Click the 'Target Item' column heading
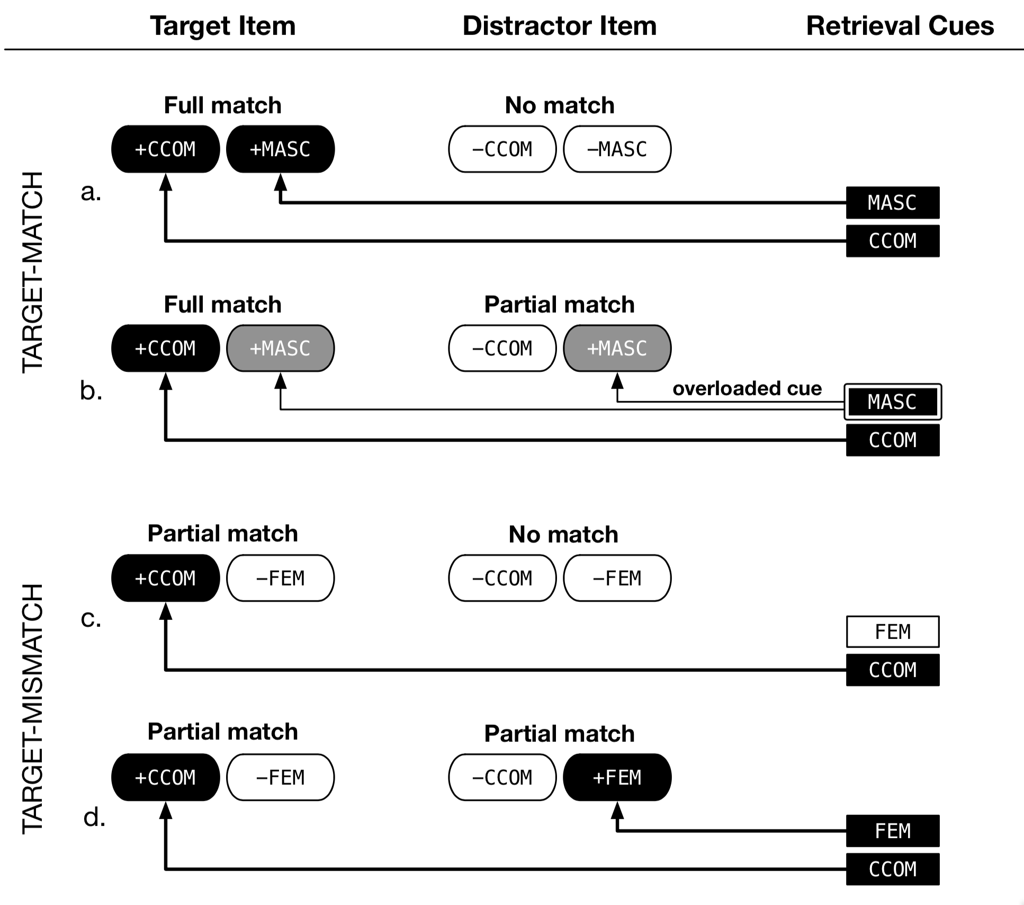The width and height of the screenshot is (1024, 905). coord(222,25)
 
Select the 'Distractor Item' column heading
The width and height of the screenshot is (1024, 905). coord(559,25)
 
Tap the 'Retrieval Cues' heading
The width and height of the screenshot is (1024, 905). coord(900,25)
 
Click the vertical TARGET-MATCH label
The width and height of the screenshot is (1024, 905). coord(33,272)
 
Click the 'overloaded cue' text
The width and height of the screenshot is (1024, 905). coord(747,388)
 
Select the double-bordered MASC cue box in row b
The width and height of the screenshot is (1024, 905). coord(892,402)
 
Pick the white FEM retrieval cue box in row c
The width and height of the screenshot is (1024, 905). coord(892,632)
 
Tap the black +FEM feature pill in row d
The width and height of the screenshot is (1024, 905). coord(617,777)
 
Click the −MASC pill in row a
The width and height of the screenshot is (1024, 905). coord(617,149)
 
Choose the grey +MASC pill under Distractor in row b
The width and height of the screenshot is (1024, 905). coord(617,349)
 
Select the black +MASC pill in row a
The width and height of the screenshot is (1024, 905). coord(280,149)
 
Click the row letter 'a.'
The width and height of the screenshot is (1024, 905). coord(91,192)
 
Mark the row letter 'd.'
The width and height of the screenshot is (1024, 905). coord(94,818)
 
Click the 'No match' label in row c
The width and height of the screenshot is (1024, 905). coord(563,534)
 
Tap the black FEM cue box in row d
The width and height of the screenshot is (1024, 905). coord(892,831)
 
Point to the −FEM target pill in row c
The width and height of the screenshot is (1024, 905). coord(280,578)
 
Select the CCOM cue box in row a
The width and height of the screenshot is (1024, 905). coord(892,241)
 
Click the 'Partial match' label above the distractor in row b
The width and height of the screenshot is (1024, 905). coord(559,305)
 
